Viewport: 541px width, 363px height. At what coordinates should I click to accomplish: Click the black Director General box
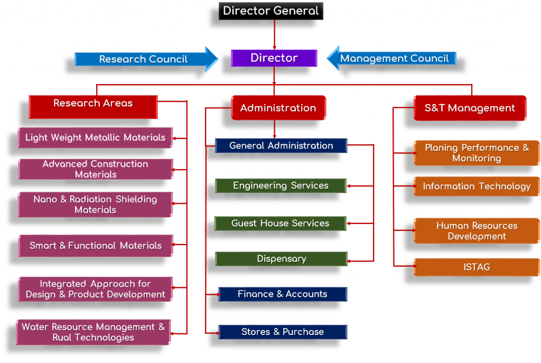(270, 11)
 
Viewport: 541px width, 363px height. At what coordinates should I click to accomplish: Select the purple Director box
(274, 58)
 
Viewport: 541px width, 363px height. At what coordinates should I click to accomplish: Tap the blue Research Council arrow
(143, 59)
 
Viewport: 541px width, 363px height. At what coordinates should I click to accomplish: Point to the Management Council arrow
(394, 59)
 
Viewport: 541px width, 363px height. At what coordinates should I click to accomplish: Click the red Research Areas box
(93, 104)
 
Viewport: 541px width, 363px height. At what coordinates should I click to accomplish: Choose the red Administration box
(278, 108)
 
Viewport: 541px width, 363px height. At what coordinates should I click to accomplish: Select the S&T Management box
(470, 108)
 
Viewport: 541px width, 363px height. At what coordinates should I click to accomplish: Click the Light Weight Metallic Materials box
(95, 138)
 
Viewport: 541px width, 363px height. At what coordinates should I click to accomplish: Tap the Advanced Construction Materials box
(95, 169)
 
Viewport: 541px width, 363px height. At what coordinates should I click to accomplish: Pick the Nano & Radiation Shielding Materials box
(95, 205)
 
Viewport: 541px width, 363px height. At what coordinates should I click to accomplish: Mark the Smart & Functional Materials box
(95, 246)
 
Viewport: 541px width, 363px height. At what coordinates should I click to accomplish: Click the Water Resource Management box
(93, 332)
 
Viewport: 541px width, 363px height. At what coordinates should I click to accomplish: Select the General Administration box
(281, 146)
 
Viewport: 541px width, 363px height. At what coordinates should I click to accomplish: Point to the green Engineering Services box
(281, 186)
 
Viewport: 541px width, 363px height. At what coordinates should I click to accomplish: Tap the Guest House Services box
(280, 223)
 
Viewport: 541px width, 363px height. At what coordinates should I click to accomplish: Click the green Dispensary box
(281, 259)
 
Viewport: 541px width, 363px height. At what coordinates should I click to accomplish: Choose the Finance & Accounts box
(282, 294)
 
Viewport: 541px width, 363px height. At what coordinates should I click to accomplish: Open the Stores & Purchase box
(282, 332)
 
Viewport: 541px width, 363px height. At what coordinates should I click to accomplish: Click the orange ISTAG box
(476, 267)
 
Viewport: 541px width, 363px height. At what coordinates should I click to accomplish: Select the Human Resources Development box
(476, 231)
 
